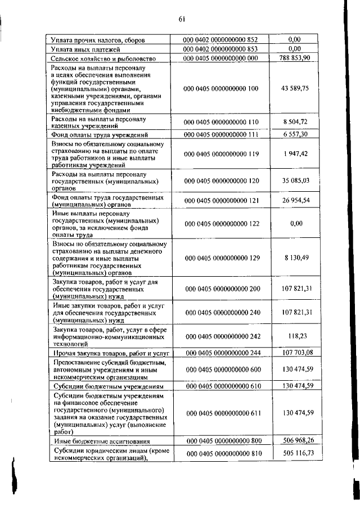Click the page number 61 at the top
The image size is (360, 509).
[x=182, y=18]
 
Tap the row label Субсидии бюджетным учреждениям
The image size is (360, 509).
[x=107, y=386]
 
